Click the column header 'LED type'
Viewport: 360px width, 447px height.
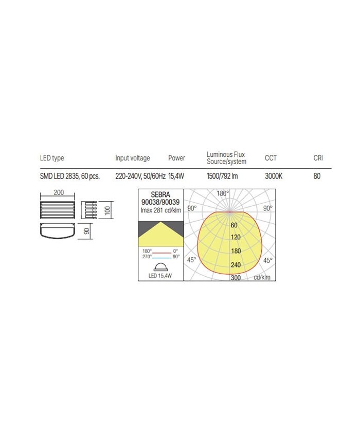(x=52, y=158)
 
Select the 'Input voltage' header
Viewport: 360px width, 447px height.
(x=133, y=158)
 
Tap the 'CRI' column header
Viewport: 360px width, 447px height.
(x=318, y=158)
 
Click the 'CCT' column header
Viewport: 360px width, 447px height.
(x=271, y=158)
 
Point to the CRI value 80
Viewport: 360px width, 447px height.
(x=317, y=176)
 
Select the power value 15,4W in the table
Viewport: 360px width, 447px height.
(x=176, y=176)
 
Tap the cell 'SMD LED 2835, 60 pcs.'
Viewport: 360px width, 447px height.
(x=70, y=176)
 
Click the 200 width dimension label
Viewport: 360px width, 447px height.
(x=58, y=192)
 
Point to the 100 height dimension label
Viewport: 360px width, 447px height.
(x=108, y=211)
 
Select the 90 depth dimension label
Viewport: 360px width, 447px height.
(x=87, y=231)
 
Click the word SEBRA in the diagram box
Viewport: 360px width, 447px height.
(x=160, y=195)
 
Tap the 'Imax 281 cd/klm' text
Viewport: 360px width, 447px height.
(x=160, y=210)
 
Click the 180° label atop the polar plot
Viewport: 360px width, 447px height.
(x=222, y=194)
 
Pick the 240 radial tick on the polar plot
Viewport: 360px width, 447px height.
(x=236, y=265)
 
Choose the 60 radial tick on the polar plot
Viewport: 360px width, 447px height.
(x=234, y=225)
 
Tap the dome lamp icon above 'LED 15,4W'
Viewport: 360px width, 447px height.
(x=160, y=266)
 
